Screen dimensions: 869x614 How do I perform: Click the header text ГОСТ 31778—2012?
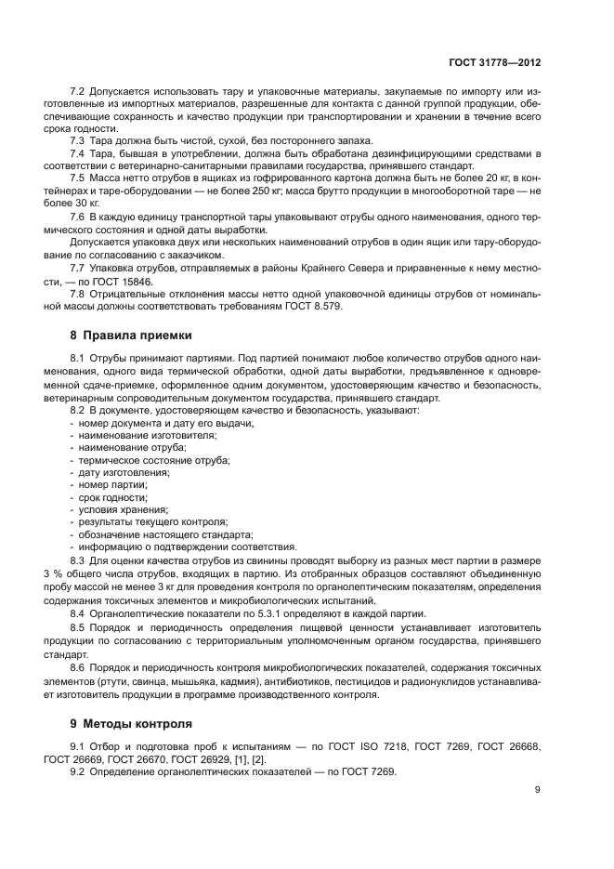point(491,61)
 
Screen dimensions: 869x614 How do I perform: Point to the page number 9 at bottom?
point(538,790)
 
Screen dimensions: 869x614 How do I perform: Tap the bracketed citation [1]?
point(234,759)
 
